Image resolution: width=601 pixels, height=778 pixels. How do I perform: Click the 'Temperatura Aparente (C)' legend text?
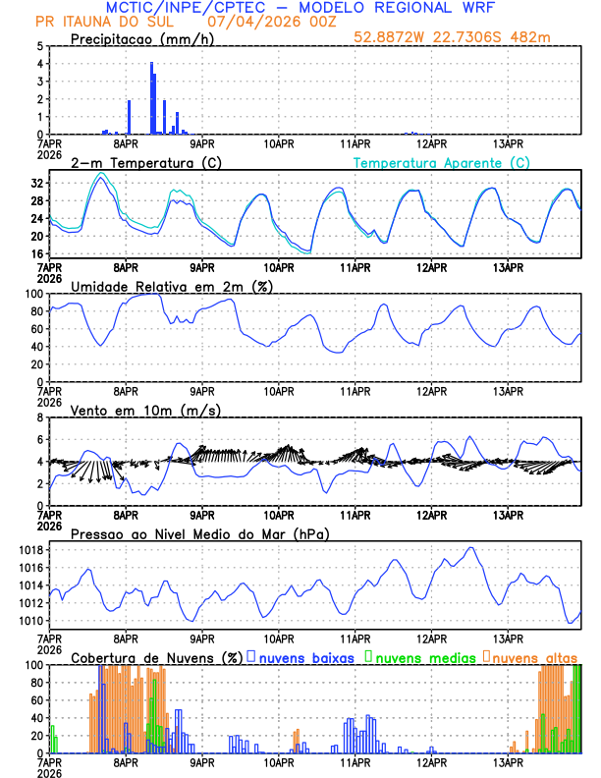(441, 162)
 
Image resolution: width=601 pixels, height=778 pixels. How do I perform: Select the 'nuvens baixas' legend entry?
(305, 656)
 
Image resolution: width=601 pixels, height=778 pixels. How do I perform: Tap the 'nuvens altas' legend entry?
(534, 656)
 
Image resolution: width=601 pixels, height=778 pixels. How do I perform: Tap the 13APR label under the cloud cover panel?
(508, 761)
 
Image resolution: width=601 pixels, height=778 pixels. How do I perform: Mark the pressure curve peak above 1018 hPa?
(472, 547)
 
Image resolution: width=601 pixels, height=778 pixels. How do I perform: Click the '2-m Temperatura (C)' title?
(137, 162)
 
